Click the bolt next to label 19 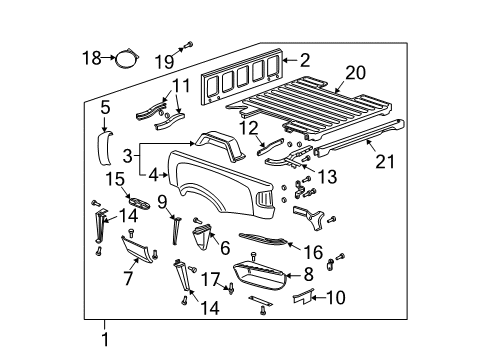pos(187,45)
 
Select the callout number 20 pos(355,72)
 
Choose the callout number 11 pos(179,85)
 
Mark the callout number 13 pos(327,176)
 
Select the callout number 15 pos(116,179)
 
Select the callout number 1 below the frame pos(105,340)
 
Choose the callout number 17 pos(212,279)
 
